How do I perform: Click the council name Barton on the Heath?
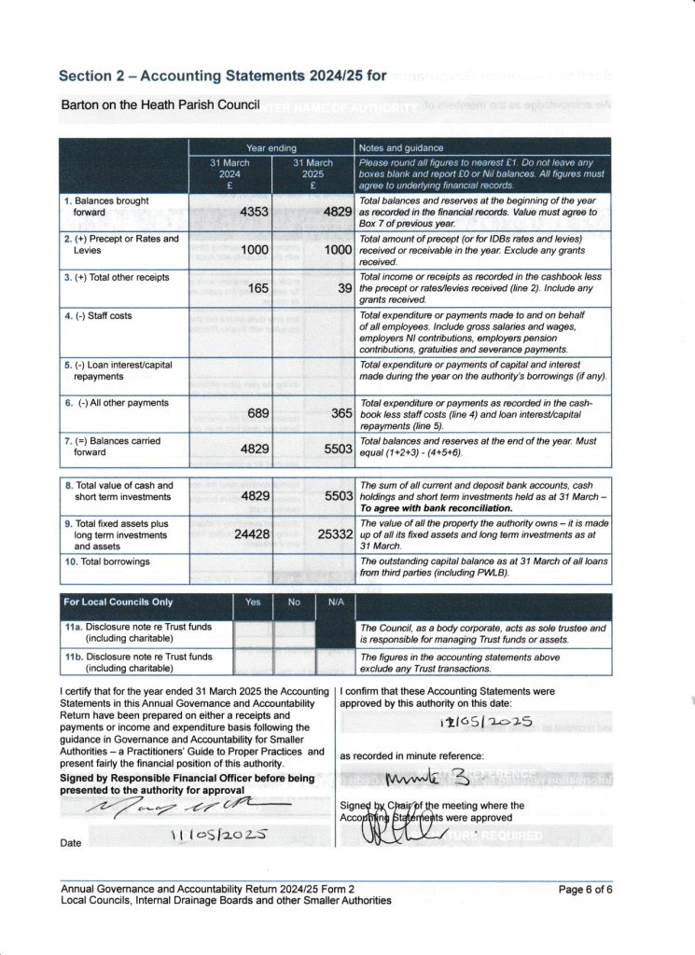(x=159, y=104)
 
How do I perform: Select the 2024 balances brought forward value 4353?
(x=254, y=212)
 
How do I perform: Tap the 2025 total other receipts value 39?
(x=344, y=288)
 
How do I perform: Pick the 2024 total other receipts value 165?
(x=258, y=288)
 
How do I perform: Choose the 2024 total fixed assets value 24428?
(x=251, y=534)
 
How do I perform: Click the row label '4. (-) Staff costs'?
(x=98, y=315)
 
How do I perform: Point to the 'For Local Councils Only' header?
(x=118, y=602)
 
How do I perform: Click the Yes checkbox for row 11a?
(x=253, y=634)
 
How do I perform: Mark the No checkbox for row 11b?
(x=294, y=662)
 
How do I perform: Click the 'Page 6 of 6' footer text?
(x=585, y=889)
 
